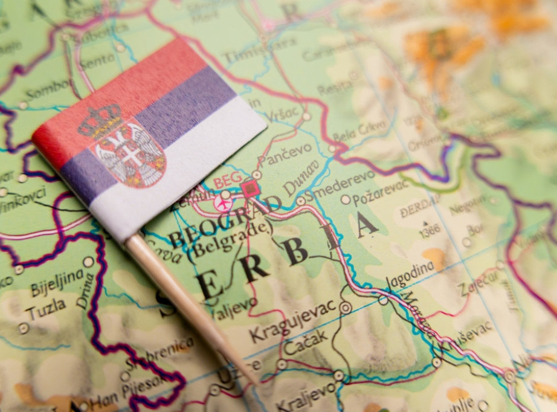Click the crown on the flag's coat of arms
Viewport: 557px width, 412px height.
click(100, 121)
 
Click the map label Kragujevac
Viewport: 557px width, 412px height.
click(292, 320)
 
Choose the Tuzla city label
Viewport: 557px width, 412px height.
click(46, 309)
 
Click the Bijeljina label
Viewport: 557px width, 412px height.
click(57, 282)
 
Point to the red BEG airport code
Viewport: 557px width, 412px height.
click(227, 179)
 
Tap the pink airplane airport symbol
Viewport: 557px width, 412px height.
click(223, 204)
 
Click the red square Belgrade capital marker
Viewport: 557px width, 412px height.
click(250, 190)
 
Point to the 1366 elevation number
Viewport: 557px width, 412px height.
click(430, 230)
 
